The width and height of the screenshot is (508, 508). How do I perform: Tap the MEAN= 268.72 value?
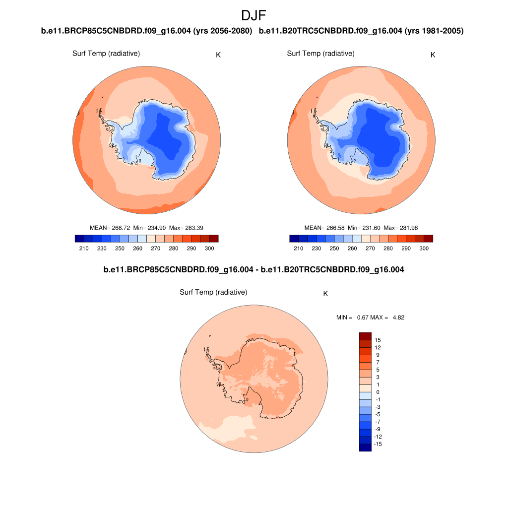tap(110, 228)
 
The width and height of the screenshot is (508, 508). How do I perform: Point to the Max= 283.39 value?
tap(186, 228)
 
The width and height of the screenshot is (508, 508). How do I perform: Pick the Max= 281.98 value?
tap(401, 228)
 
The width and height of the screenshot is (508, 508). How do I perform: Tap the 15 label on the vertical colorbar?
tap(378, 340)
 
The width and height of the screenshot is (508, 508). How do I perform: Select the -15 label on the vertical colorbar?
tap(378, 444)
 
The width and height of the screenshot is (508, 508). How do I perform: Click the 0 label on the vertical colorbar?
tap(378, 392)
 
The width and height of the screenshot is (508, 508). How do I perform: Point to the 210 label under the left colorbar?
tap(84, 248)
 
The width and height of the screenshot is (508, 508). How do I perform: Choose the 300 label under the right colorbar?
tap(424, 248)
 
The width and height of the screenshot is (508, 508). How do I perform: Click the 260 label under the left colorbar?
tap(137, 248)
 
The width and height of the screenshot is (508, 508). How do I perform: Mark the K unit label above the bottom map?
tap(325, 294)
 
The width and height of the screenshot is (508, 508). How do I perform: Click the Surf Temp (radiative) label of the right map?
tap(320, 54)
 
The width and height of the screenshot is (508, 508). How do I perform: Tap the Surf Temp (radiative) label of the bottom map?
tap(213, 293)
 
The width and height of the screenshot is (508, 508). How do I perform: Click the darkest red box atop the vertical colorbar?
tap(365, 336)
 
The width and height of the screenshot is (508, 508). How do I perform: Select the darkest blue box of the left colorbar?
tap(79, 239)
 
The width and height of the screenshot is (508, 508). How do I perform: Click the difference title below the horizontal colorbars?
tap(254, 270)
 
